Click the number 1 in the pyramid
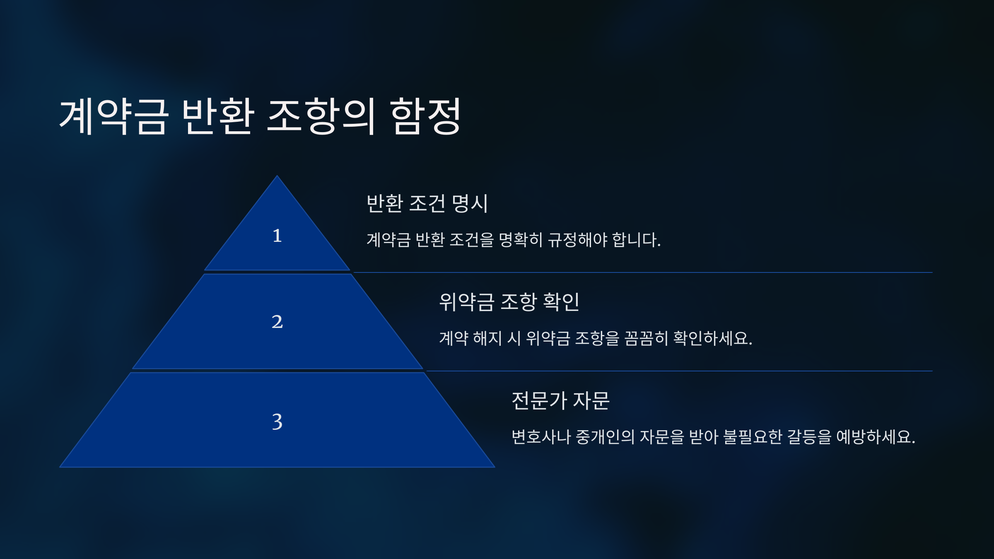click(x=277, y=236)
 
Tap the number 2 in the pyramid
click(x=277, y=322)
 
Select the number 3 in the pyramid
click(x=277, y=422)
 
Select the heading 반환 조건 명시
click(x=427, y=203)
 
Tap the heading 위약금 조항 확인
click(x=509, y=302)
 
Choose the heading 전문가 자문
click(x=560, y=400)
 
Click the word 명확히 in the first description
click(x=520, y=240)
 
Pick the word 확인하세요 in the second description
click(x=712, y=338)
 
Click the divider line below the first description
click(x=642, y=272)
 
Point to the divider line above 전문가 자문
click(x=679, y=371)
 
